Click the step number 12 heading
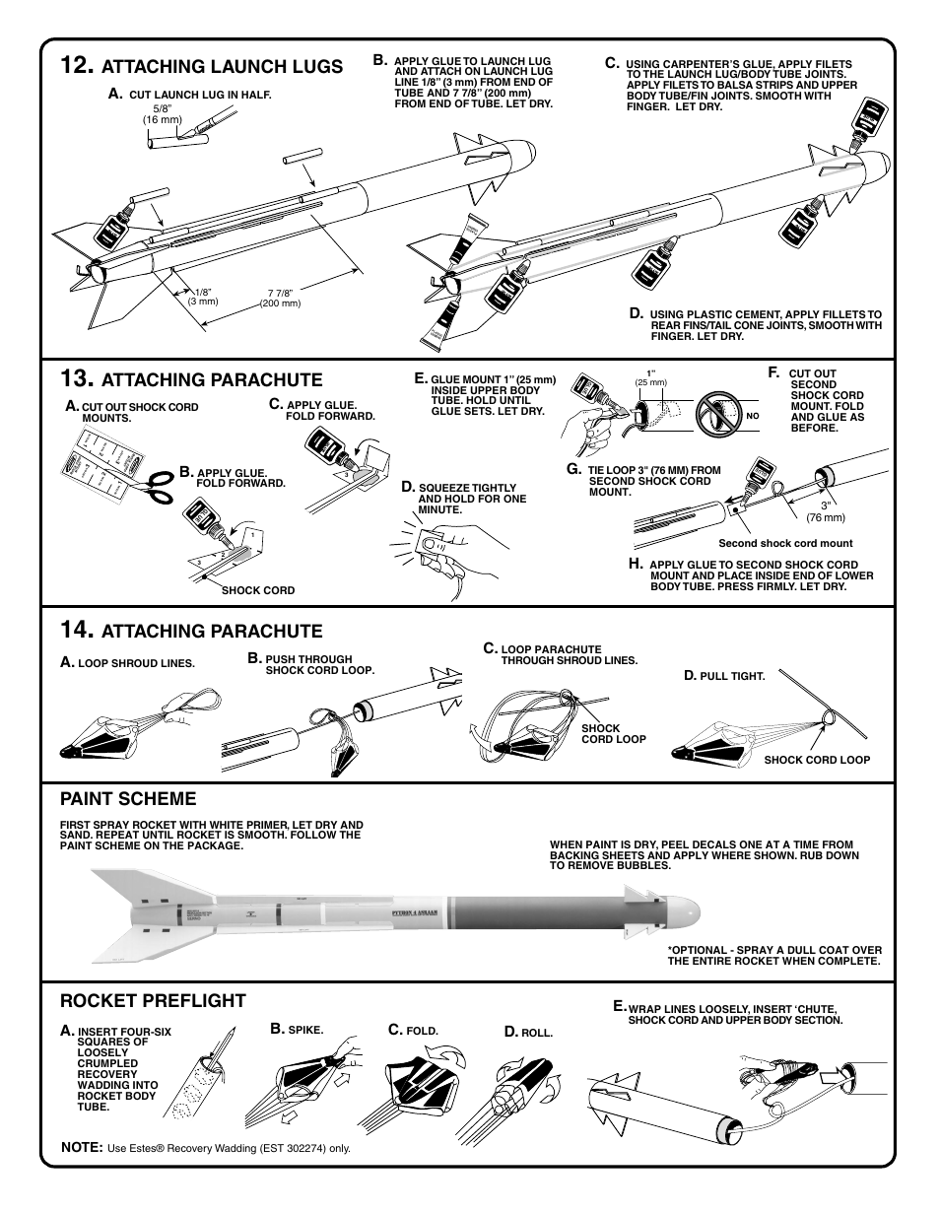pos(76,66)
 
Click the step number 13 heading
pos(76,378)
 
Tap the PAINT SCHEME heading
pos(128,798)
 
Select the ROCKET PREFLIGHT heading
pos(153,1001)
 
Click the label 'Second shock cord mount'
pos(785,543)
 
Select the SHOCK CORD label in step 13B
pos(258,590)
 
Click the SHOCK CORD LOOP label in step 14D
pos(817,760)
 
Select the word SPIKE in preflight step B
pos(305,1031)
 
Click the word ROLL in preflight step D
pos(537,1033)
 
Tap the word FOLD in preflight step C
pos(422,1031)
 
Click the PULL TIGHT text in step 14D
pos(732,677)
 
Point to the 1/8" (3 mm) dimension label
pos(203,297)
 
